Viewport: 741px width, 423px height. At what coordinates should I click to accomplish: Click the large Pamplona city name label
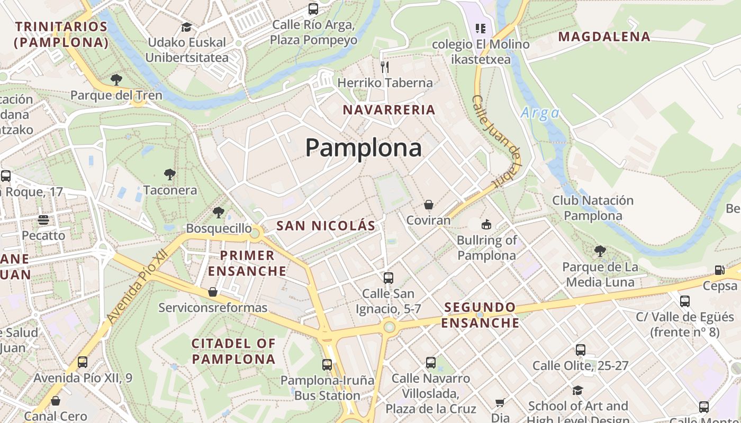tap(364, 148)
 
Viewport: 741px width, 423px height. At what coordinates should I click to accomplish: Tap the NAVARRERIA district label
tap(389, 110)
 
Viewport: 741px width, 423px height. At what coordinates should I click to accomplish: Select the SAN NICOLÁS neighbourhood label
tap(326, 226)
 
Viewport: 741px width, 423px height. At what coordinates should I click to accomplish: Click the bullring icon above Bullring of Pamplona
tap(486, 224)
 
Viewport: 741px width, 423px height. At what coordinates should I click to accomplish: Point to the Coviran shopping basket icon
tap(428, 205)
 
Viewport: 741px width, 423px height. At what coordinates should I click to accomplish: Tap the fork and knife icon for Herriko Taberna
tap(385, 67)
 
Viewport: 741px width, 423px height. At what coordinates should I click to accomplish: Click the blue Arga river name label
tap(540, 113)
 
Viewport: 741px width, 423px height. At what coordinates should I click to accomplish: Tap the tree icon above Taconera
tap(169, 174)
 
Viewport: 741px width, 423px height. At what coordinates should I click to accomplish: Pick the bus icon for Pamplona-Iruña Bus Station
tap(327, 364)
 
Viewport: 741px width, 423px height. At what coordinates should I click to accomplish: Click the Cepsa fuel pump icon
tap(719, 270)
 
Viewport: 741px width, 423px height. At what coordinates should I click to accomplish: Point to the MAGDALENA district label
tap(604, 36)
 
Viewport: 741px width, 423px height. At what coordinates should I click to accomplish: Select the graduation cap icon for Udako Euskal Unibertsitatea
tap(186, 26)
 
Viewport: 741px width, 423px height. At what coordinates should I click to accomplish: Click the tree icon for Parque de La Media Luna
tap(600, 251)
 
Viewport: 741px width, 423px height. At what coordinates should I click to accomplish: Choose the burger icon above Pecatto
tap(43, 219)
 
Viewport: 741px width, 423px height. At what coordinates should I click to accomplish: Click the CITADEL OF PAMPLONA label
tap(233, 351)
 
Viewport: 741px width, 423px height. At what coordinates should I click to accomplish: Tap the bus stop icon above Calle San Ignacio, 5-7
tap(388, 278)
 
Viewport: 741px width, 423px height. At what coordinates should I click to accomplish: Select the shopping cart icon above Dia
tap(500, 403)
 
